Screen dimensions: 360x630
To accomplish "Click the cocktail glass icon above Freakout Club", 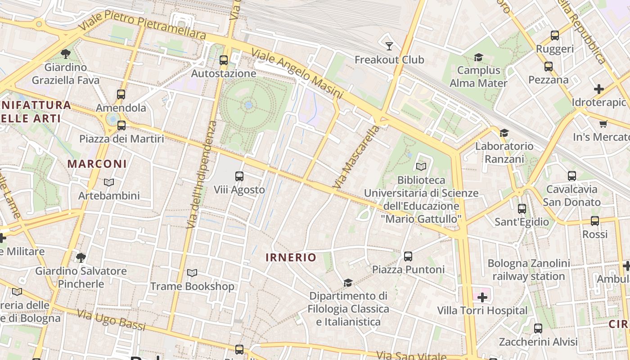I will (x=389, y=46).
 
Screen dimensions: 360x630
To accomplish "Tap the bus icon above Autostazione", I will (x=224, y=60).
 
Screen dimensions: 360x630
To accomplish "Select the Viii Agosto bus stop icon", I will (x=239, y=176).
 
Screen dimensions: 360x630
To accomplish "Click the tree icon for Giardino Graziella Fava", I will (x=66, y=54).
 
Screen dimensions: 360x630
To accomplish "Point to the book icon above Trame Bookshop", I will (x=192, y=273).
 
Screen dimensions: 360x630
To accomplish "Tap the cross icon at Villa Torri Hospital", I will (x=482, y=297).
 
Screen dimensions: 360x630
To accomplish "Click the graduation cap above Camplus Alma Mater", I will (x=478, y=58).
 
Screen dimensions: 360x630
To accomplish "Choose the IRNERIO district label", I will (x=291, y=257).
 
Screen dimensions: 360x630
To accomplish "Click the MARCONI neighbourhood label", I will (x=97, y=164).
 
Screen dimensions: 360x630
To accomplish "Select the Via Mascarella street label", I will (x=356, y=157).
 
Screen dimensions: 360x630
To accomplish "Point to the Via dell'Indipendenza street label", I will (x=201, y=174).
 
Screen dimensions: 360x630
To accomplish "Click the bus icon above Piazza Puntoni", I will (x=408, y=256).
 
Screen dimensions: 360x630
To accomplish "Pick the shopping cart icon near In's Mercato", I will (x=603, y=124).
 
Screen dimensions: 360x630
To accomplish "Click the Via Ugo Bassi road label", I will (x=111, y=320).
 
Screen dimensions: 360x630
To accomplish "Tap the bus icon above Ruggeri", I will (x=555, y=36).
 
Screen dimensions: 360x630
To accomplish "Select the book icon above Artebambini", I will (x=108, y=183).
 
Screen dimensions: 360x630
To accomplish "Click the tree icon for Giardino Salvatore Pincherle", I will (x=81, y=258).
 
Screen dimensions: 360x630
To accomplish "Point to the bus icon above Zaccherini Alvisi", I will (x=538, y=328).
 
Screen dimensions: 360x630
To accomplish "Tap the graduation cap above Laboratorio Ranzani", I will (x=504, y=133).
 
